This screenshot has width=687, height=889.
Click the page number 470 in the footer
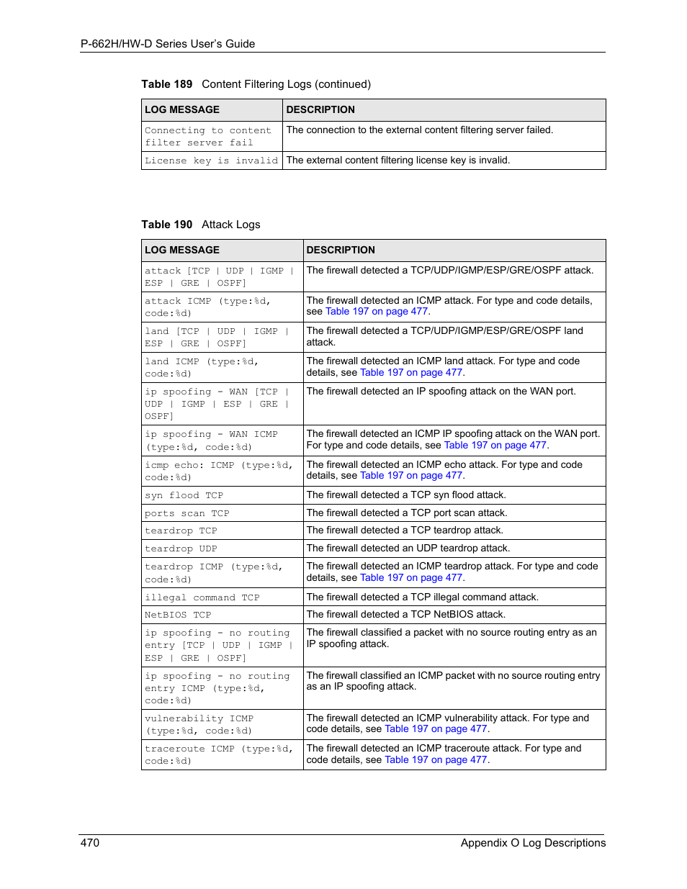[90, 843]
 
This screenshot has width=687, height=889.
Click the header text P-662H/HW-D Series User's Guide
[168, 44]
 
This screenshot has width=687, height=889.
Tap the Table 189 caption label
[166, 84]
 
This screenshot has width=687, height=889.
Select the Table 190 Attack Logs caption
[201, 225]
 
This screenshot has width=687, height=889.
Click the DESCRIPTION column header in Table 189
[320, 110]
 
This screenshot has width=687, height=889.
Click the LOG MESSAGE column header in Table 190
[182, 251]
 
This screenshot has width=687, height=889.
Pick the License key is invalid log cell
[211, 161]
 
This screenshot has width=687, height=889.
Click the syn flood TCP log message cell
[184, 495]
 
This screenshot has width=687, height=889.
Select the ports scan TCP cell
[187, 513]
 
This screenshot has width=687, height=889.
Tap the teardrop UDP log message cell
[181, 549]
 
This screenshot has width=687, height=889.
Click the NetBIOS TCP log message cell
[178, 615]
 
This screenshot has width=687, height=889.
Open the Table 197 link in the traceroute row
[436, 760]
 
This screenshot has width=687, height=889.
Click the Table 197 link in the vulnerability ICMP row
[436, 729]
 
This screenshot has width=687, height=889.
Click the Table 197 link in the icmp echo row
[411, 476]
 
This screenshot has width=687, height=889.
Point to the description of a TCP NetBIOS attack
[406, 615]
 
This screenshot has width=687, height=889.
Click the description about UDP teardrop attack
[408, 549]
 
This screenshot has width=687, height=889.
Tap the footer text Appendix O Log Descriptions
[533, 843]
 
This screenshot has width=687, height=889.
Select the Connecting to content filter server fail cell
[208, 137]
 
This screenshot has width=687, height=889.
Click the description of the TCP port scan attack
[407, 513]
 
